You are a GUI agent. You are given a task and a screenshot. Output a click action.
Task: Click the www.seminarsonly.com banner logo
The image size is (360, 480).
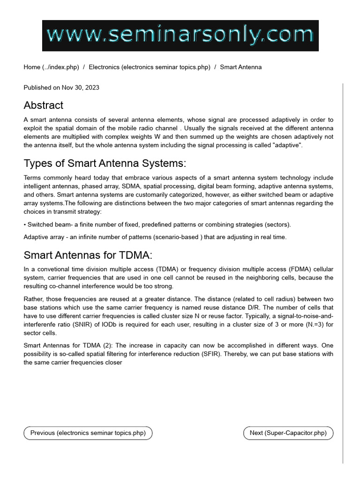pyautogui.click(x=180, y=36)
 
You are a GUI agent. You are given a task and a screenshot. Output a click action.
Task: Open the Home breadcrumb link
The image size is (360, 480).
pyautogui.click(x=51, y=67)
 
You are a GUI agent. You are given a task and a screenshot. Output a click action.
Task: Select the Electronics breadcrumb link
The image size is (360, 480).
pyautogui.click(x=150, y=67)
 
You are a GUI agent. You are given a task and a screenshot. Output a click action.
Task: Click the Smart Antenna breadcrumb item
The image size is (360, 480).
pyautogui.click(x=240, y=67)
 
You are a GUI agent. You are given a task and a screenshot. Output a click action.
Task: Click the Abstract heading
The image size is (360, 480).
pyautogui.click(x=44, y=105)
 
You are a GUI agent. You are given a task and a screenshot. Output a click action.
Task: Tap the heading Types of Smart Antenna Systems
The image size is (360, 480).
pyautogui.click(x=105, y=163)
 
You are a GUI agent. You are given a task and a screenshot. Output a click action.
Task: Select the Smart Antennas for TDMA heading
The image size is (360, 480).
pyautogui.click(x=88, y=255)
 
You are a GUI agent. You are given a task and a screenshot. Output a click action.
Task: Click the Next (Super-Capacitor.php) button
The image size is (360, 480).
pyautogui.click(x=288, y=433)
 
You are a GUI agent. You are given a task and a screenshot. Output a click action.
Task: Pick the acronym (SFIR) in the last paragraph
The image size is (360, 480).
pyautogui.click(x=223, y=354)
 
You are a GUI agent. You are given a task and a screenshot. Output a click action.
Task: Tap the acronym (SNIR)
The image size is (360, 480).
pyautogui.click(x=86, y=324)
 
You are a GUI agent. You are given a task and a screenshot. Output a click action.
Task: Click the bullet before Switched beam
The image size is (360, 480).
pyautogui.click(x=25, y=225)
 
